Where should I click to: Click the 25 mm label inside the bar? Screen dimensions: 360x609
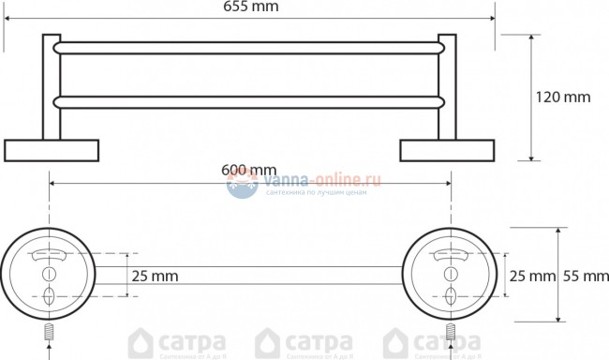153,277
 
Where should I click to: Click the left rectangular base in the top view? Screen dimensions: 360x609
52,150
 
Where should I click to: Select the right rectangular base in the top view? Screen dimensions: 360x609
446,150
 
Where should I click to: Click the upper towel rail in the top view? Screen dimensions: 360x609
248,46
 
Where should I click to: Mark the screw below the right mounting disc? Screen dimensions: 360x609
451,332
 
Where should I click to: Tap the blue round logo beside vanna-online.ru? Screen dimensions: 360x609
243,182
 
